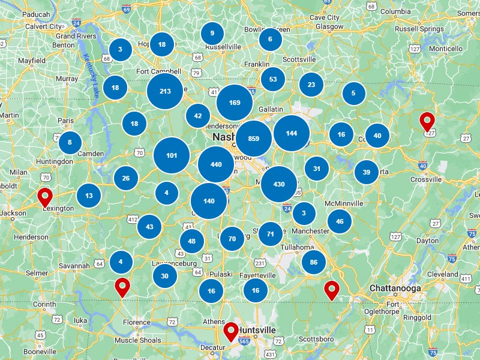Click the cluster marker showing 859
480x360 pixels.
pos(253,139)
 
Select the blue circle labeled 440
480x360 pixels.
pos(216,164)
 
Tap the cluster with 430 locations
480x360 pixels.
pos(279,184)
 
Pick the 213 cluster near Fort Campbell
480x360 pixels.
pos(165,91)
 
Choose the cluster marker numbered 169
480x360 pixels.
pos(235,103)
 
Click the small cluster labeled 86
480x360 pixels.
pos(313,262)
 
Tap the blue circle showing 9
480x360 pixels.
pos(212,34)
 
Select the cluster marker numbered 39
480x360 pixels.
pos(366,172)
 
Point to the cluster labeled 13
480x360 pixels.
pos(89,196)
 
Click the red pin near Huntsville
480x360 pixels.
pos(231,331)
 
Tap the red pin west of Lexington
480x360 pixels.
pos(45,196)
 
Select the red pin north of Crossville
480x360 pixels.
pos(427,121)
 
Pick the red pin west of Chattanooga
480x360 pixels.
pos(331,289)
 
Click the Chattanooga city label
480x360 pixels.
pos(395,289)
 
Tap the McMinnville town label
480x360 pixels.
pos(344,203)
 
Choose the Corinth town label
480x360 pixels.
pos(44,304)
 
